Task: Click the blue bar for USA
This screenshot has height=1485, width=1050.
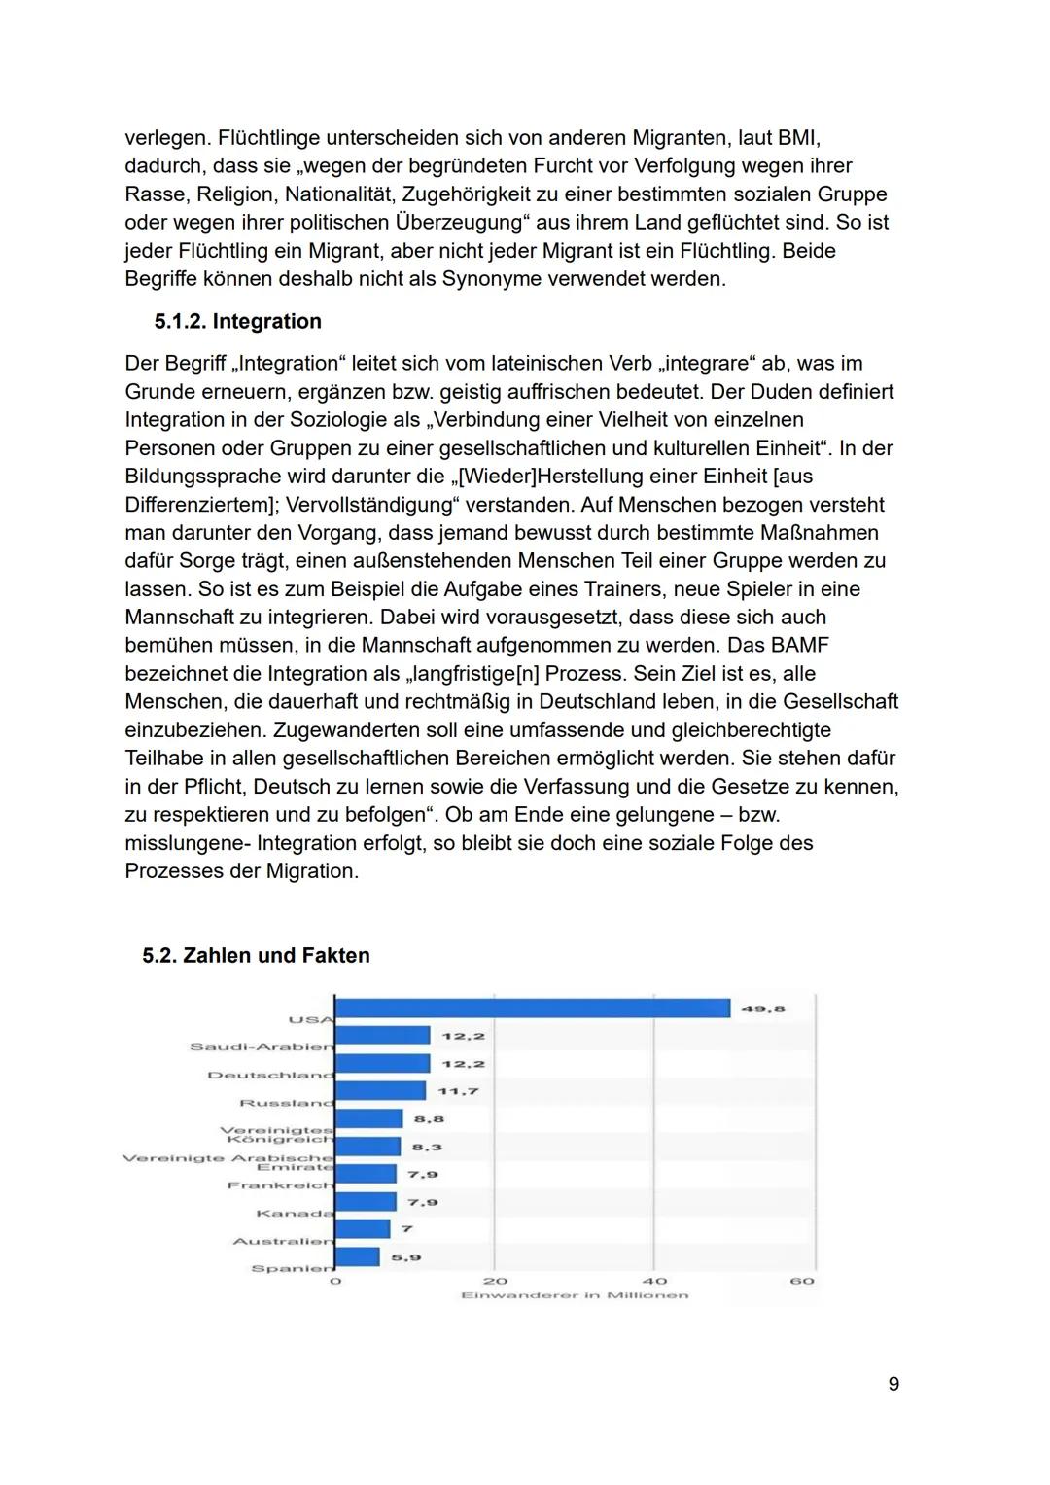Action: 532,1008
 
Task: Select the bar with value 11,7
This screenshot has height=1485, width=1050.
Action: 380,1091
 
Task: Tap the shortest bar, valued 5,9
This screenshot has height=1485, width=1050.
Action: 357,1257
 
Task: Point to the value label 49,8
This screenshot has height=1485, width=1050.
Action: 763,1009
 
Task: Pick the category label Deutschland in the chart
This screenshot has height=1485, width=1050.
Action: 270,1076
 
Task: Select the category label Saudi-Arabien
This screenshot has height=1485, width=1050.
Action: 261,1047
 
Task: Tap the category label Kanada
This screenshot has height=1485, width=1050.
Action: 295,1214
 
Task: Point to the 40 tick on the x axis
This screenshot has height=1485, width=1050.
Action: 654,1282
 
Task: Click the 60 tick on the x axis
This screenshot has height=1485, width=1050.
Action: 802,1282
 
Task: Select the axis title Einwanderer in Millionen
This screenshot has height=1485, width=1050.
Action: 575,1295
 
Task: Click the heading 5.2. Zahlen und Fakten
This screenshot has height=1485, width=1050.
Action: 256,956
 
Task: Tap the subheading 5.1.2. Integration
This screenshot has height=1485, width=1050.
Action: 237,322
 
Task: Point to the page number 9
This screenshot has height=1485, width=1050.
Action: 893,1384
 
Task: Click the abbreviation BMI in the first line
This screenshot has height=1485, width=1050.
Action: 799,138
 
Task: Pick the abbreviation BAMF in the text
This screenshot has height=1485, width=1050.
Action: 795,646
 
